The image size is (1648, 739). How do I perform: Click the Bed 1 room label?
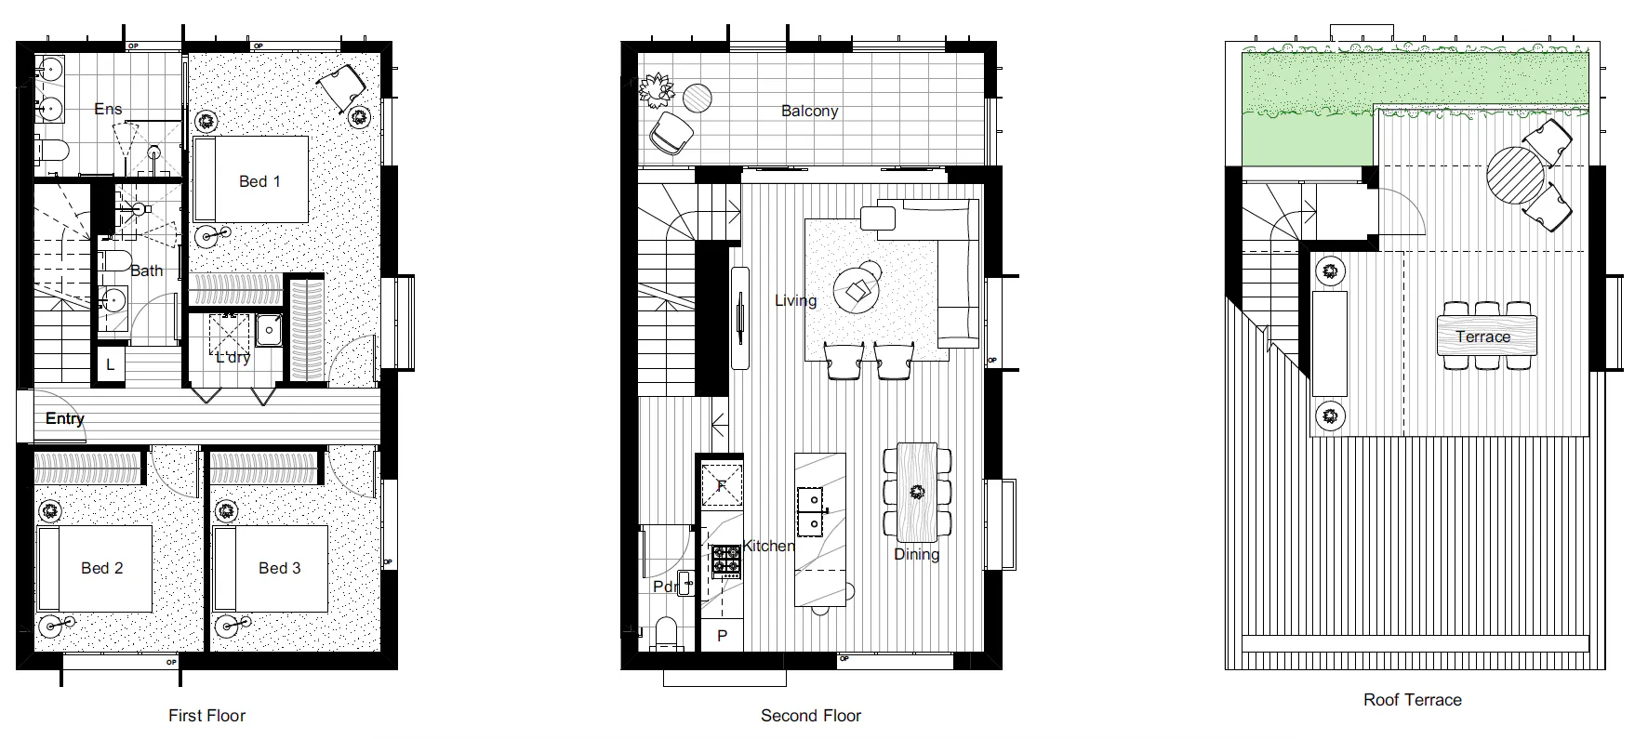(259, 181)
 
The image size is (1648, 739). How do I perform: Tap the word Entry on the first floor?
(65, 418)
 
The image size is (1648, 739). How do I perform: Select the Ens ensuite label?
(108, 109)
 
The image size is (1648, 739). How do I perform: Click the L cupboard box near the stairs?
(110, 365)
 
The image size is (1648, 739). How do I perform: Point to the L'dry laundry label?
(233, 357)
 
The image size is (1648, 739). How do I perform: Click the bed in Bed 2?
(94, 568)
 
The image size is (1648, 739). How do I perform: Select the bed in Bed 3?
(271, 568)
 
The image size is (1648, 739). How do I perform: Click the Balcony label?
(809, 111)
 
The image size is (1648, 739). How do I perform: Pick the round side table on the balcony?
(698, 97)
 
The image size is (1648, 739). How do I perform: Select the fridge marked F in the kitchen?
(722, 484)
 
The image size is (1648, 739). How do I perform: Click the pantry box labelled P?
(722, 637)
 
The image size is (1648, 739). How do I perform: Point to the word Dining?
(916, 554)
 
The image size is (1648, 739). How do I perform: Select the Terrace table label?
(1482, 337)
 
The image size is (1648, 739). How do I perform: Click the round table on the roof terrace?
(1515, 175)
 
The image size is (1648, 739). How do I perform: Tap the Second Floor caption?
(810, 716)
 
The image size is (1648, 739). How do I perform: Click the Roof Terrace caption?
(1412, 700)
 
